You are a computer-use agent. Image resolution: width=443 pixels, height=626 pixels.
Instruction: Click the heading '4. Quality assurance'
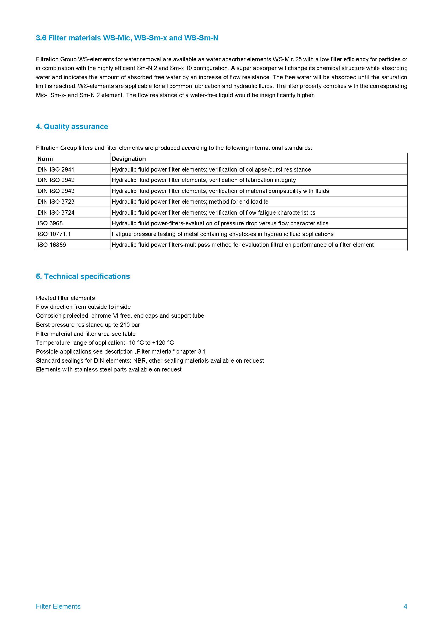point(72,127)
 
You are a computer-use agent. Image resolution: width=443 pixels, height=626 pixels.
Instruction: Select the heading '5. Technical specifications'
point(83,276)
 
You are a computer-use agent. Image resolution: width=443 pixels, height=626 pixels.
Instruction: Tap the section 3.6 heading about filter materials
point(127,38)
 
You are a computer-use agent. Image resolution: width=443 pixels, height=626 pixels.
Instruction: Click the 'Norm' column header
point(45,159)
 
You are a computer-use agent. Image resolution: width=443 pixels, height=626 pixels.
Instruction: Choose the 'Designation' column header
point(129,159)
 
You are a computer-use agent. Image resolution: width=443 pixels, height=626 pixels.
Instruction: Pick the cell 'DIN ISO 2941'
point(56,170)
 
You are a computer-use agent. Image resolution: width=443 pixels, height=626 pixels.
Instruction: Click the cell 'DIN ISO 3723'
point(56,202)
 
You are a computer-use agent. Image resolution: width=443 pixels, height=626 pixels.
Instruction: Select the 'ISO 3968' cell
point(50,223)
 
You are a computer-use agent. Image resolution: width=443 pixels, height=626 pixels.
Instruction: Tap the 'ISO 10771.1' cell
point(54,234)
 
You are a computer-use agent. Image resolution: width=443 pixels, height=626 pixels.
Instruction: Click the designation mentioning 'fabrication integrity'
point(204,180)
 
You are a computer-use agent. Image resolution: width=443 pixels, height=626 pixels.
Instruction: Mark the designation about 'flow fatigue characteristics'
point(213,213)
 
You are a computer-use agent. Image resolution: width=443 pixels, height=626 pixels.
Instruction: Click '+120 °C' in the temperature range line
point(163,343)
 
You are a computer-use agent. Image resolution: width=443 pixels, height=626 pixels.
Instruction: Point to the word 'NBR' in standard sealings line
point(139,361)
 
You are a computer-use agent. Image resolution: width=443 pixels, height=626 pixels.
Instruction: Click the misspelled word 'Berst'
point(42,325)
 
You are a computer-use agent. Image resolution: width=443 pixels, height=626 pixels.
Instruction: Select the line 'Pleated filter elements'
point(65,298)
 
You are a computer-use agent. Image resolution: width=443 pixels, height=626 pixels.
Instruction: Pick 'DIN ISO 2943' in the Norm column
point(56,191)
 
